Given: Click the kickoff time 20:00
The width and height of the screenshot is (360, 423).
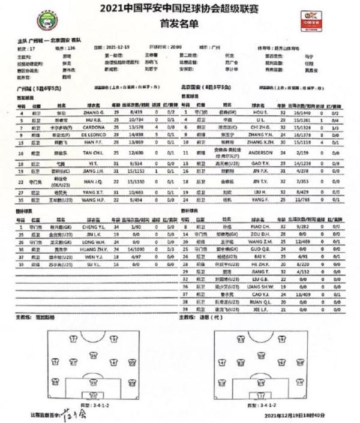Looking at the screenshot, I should pos(175,46).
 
